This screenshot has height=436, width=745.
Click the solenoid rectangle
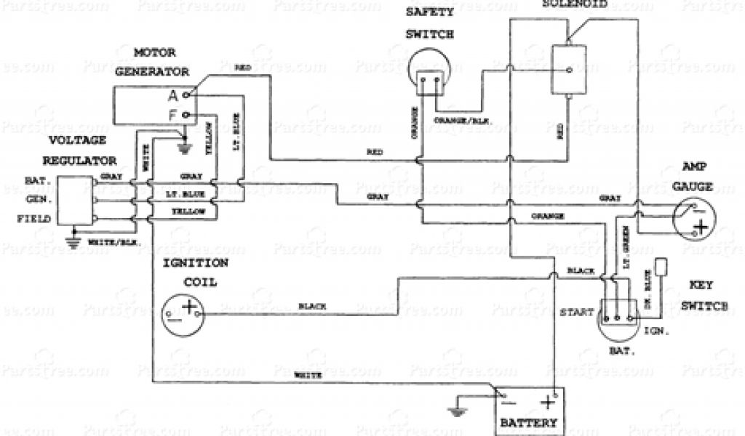[x=570, y=70]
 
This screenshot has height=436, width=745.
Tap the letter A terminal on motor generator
[x=173, y=94]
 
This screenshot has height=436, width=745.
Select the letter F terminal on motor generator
[x=173, y=114]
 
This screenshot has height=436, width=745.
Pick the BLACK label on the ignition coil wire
[x=312, y=307]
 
